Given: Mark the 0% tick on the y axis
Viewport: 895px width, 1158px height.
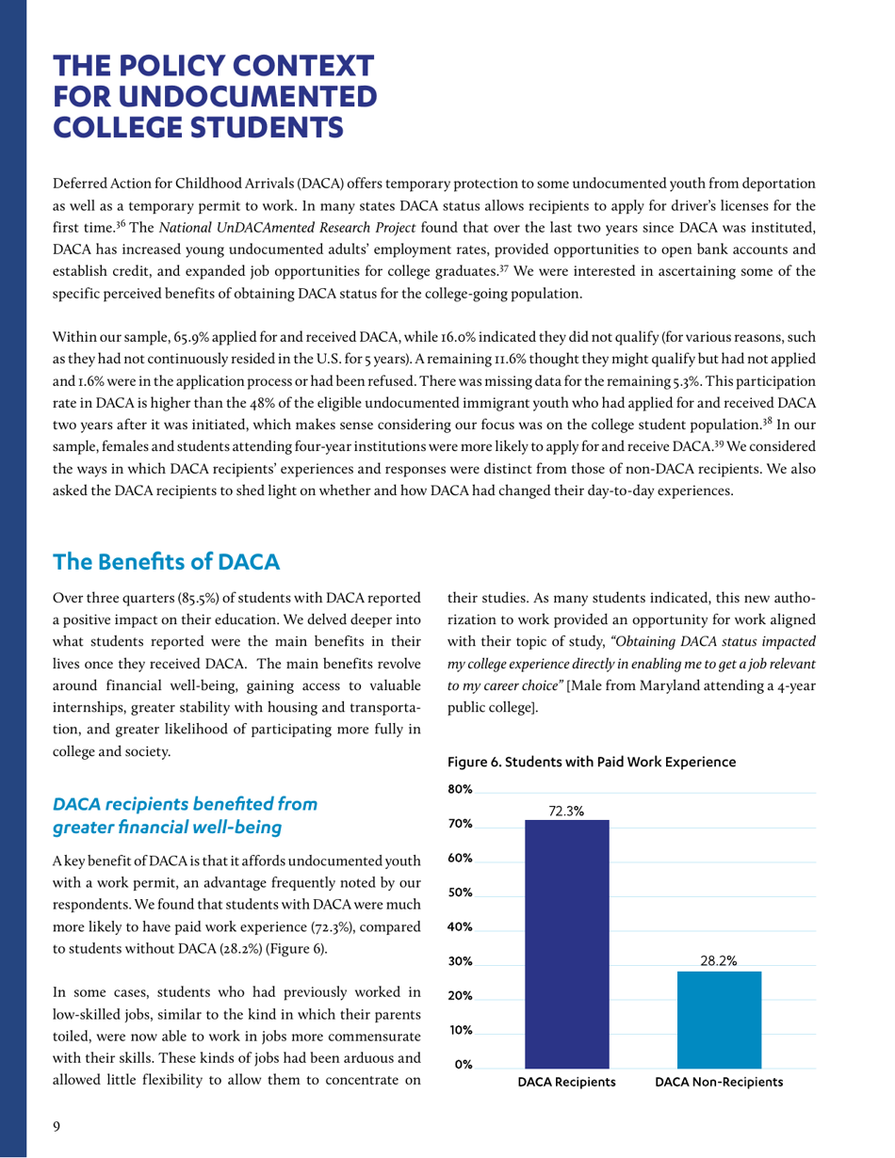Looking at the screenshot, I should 462,1065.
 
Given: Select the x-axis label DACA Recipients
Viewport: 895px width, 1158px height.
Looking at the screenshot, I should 566,1083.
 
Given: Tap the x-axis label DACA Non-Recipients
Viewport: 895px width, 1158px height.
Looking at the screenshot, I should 719,1083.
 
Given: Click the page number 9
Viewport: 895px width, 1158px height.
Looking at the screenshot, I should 56,1122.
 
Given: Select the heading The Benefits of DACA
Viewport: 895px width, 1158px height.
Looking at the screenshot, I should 167,562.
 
